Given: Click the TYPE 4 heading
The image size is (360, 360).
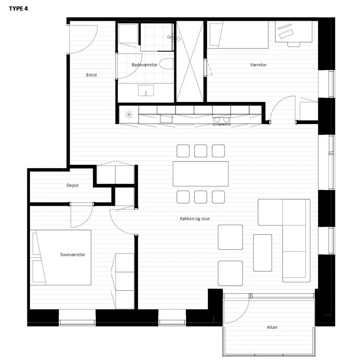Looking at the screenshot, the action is coord(18,9).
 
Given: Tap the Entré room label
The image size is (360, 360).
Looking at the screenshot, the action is coord(92,75).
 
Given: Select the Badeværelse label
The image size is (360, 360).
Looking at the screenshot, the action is coord(144,65).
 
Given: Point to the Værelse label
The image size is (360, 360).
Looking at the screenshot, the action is coord(258,65).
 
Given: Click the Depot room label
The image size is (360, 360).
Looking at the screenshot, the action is coord(72,185).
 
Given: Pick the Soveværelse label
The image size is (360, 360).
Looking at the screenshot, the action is coord(72,255).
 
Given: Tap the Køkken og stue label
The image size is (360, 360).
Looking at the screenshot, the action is coord(195,219).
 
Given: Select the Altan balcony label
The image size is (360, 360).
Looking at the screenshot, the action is coord(272,327).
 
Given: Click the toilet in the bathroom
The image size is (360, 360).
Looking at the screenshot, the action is coord(167,64).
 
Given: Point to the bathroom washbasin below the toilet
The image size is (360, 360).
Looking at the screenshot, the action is coord(146,91).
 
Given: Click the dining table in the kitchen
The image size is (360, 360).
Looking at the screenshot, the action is coord(201,174).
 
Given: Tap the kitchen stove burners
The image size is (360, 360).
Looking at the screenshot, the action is coord(222,120).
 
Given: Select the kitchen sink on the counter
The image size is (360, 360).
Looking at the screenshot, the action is coord(166,119).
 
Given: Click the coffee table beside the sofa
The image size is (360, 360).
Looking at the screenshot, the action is coord(263,253).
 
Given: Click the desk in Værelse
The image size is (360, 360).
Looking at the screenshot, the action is coord(294,32).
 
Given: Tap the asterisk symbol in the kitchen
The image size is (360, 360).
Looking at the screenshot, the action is coord(129,114).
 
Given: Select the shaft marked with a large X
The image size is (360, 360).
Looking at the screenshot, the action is coord(190,61).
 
